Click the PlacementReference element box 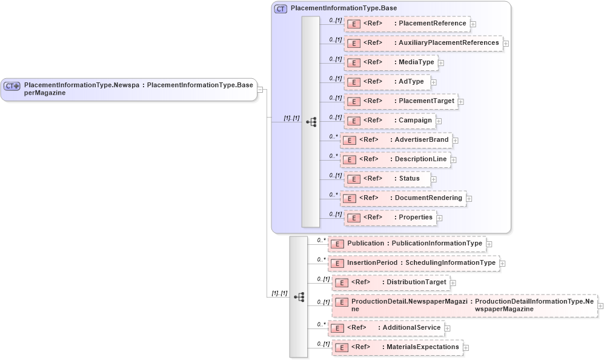tap(407, 24)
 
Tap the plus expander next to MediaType tap(441, 63)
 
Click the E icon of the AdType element tap(354, 82)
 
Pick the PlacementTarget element tap(400, 101)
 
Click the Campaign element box tap(390, 121)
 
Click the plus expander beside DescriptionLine tap(453, 160)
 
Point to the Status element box tap(387, 179)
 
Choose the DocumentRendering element tap(402, 198)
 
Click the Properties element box tap(390, 218)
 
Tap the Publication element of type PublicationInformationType tap(407, 244)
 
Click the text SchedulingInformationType tap(450, 263)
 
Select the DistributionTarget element tap(391, 282)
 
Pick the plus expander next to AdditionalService tap(448, 328)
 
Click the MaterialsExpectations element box tap(397, 347)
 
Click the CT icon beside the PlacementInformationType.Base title tap(280, 9)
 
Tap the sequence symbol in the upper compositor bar tap(311, 122)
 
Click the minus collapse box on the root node tap(260, 90)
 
